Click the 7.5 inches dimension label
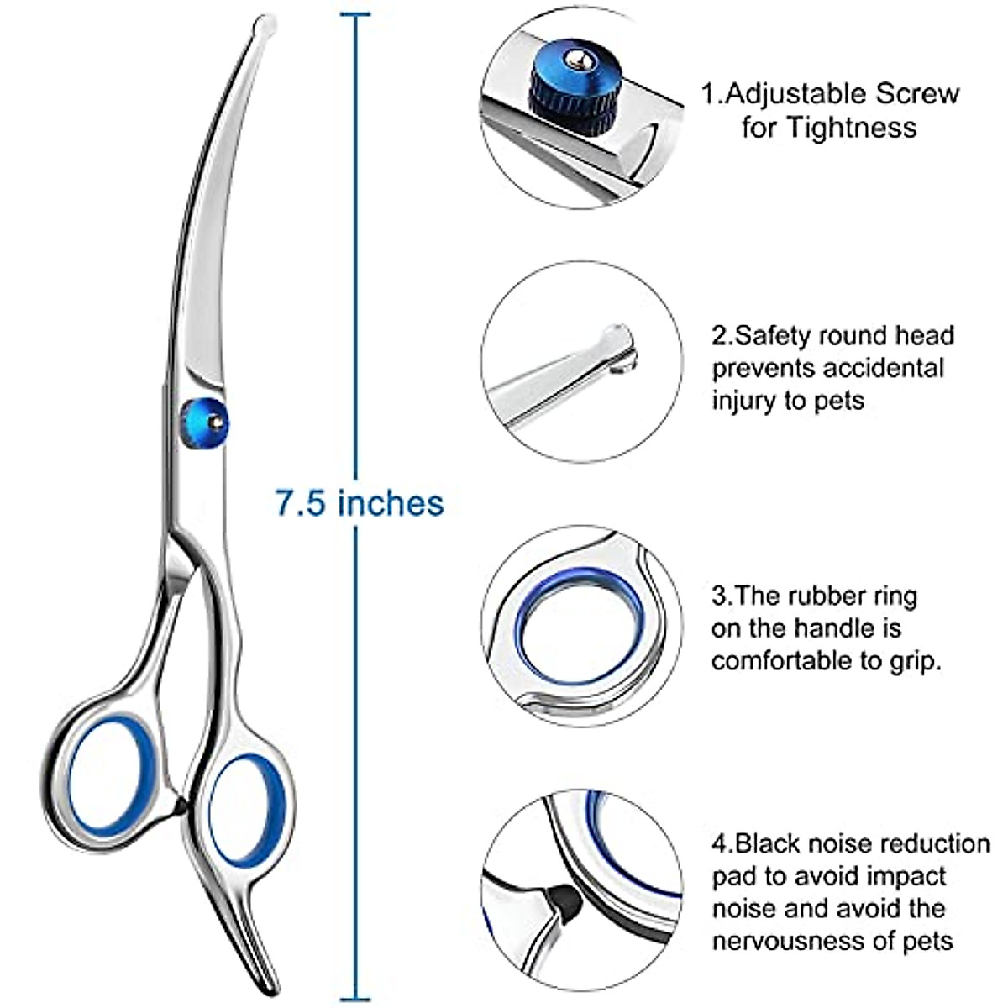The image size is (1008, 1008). (x=360, y=503)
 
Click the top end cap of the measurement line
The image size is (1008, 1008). (x=355, y=14)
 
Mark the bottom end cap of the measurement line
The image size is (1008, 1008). (x=355, y=997)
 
